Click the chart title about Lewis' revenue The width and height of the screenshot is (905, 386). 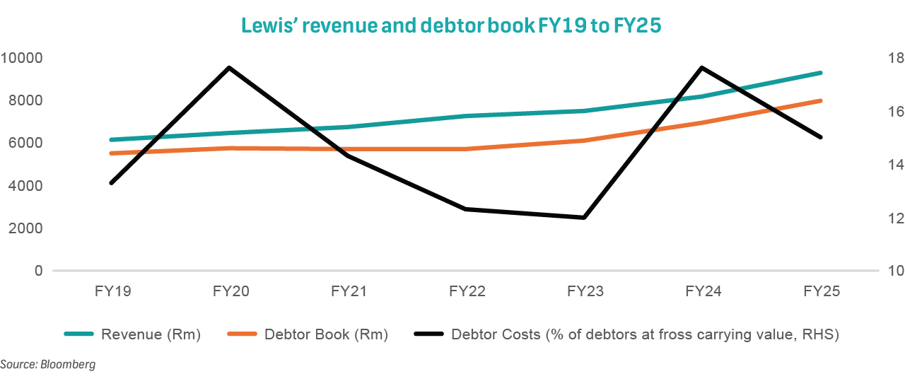tap(452, 25)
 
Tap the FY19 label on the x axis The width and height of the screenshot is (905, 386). tap(112, 291)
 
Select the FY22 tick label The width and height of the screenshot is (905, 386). tap(467, 291)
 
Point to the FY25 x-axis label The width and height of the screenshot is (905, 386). tap(822, 291)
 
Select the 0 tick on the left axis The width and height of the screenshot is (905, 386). tap(38, 271)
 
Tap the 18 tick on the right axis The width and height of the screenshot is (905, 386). tap(887, 57)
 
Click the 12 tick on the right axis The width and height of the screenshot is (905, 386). tap(887, 218)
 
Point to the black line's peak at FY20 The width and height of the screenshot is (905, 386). tap(230, 68)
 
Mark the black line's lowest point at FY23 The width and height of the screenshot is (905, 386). tap(584, 218)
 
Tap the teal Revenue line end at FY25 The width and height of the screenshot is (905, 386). tap(821, 73)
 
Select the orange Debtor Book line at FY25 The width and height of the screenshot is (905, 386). tap(821, 100)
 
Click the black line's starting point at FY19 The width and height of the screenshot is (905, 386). tap(112, 183)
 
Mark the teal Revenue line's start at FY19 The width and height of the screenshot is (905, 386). tap(112, 140)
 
